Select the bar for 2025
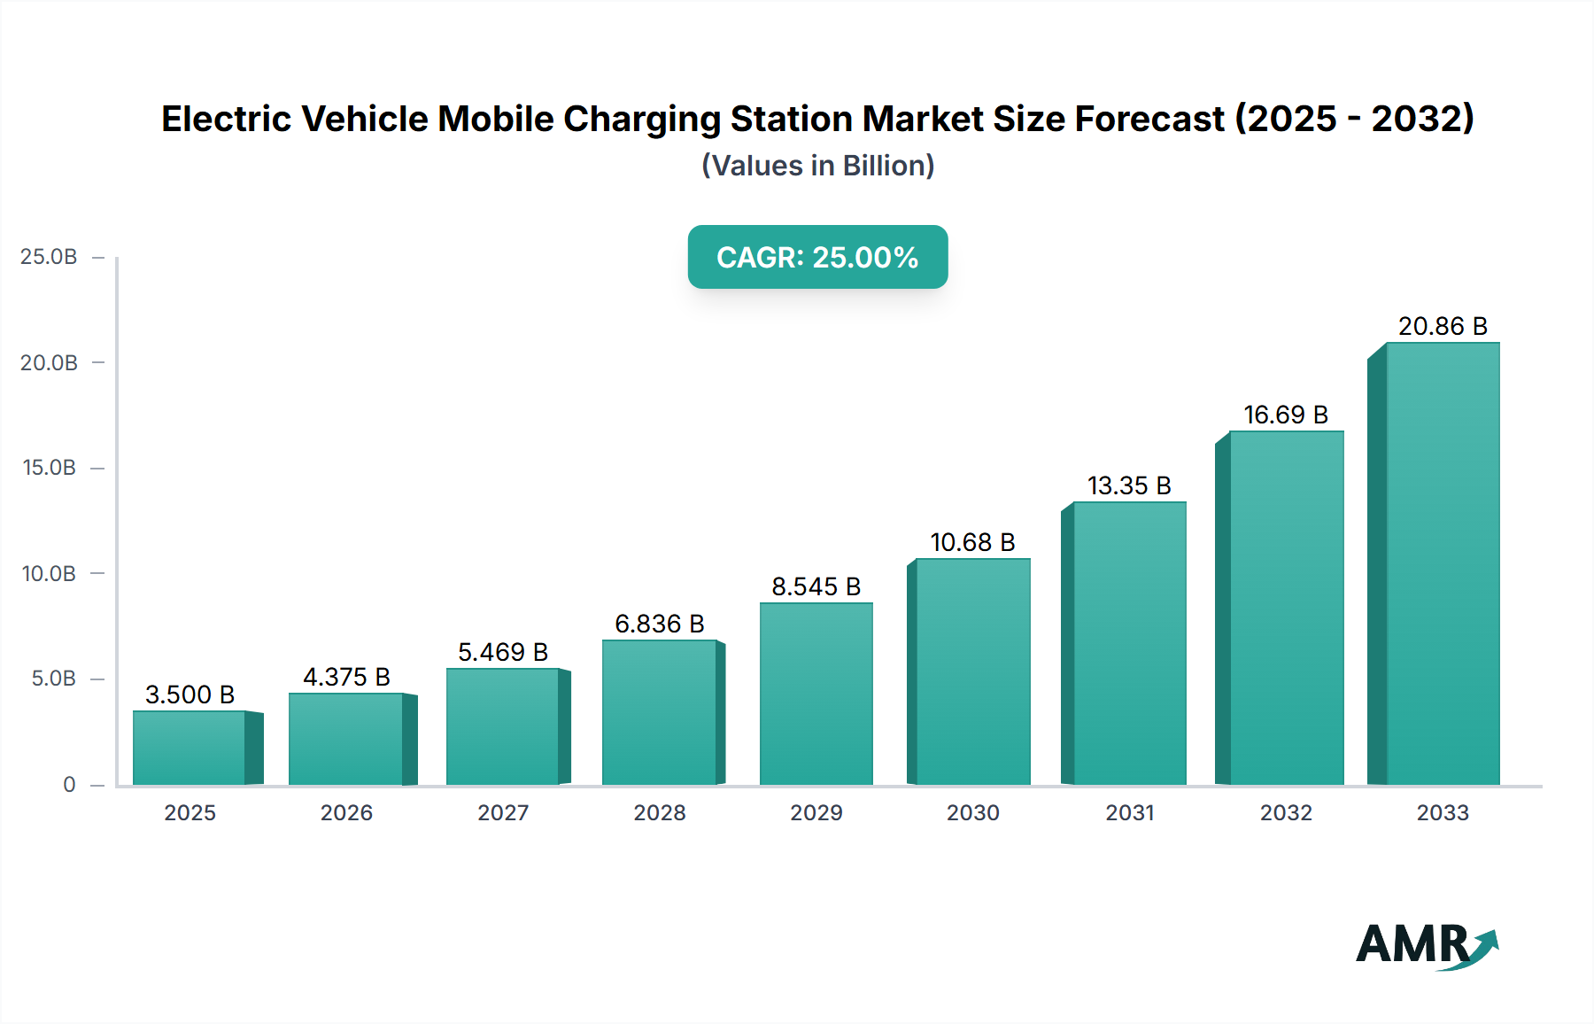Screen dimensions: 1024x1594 pyautogui.click(x=190, y=748)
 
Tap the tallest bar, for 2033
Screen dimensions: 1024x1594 pyautogui.click(x=1442, y=563)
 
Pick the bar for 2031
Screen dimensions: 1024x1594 pyautogui.click(x=1129, y=643)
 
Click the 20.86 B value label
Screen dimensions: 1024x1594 pyautogui.click(x=1443, y=326)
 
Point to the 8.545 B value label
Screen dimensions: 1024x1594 pyautogui.click(x=816, y=586)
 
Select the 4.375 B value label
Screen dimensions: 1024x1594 pyautogui.click(x=346, y=677)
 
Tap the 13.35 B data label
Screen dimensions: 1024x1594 pyautogui.click(x=1129, y=485)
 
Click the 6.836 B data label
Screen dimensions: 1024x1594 pyautogui.click(x=659, y=624)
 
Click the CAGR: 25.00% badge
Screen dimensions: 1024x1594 pyautogui.click(x=817, y=257)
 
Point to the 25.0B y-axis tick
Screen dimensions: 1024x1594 pyautogui.click(x=49, y=257)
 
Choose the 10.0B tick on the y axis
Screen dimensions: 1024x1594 pyautogui.click(x=49, y=574)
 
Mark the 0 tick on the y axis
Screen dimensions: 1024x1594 pyautogui.click(x=69, y=785)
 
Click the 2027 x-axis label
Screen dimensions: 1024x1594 pyautogui.click(x=503, y=812)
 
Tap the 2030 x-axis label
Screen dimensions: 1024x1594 pyautogui.click(x=972, y=812)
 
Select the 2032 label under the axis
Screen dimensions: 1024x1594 pyautogui.click(x=1286, y=812)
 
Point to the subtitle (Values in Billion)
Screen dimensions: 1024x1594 pyautogui.click(x=817, y=166)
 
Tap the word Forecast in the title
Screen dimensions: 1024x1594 pyautogui.click(x=1149, y=119)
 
